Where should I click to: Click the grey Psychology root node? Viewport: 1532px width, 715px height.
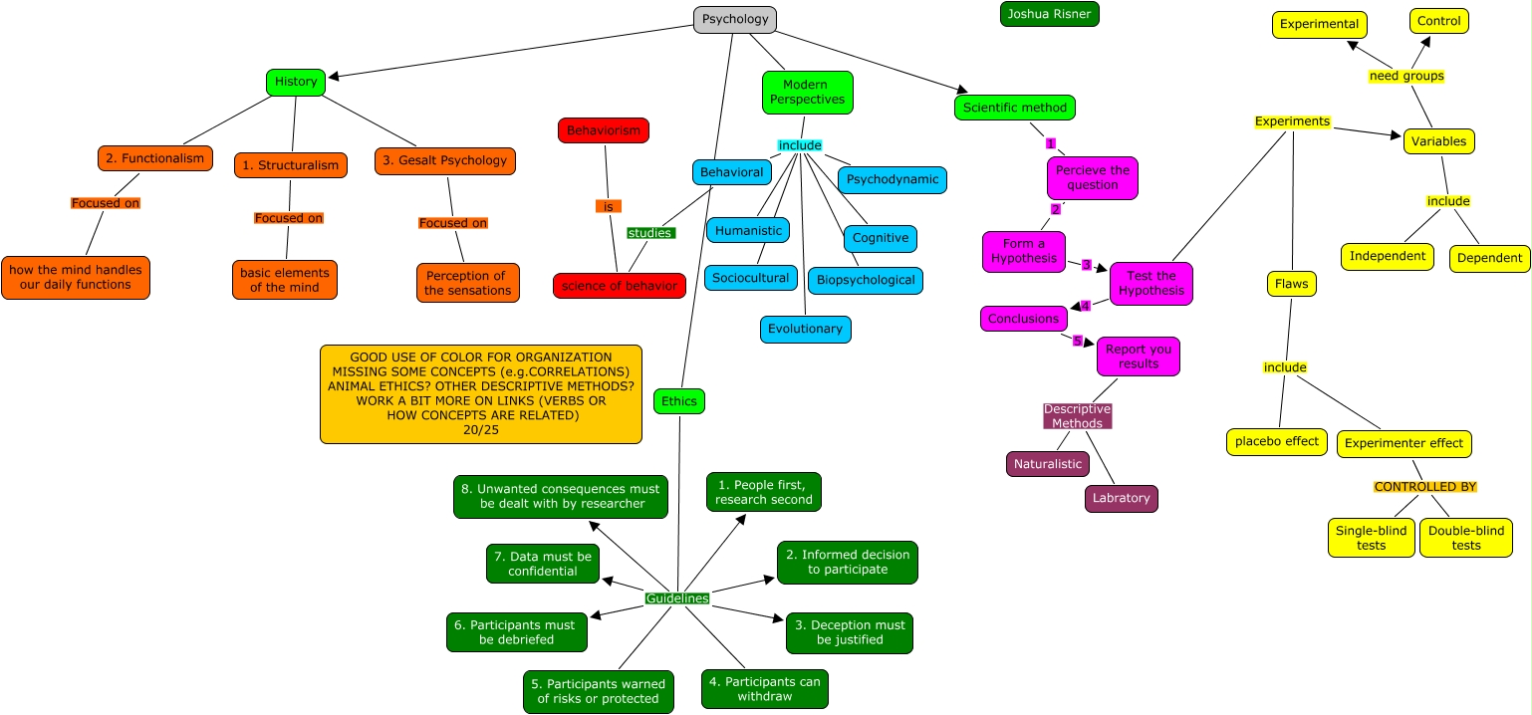click(x=734, y=19)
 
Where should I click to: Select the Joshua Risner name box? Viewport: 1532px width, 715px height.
click(x=1050, y=14)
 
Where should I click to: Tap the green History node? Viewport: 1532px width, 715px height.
click(x=296, y=82)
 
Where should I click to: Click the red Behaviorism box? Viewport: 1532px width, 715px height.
click(x=603, y=130)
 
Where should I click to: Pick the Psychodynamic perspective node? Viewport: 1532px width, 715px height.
click(x=892, y=180)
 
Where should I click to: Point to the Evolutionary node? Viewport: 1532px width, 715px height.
click(x=805, y=329)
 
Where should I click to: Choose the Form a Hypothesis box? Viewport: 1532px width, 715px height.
click(x=1023, y=251)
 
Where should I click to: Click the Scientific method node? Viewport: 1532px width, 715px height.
click(x=1014, y=108)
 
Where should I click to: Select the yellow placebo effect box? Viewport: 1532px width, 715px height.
click(x=1276, y=441)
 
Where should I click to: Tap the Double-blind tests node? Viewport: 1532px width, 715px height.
click(x=1465, y=538)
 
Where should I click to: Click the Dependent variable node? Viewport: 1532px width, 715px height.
click(x=1489, y=258)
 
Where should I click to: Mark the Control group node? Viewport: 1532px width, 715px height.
click(x=1438, y=21)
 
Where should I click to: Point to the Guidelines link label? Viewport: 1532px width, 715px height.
click(x=677, y=598)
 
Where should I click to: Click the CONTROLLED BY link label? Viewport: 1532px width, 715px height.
click(x=1424, y=487)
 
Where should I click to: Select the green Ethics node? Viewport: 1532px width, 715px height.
click(x=679, y=401)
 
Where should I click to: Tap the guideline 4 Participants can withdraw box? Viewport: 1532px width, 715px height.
click(x=764, y=689)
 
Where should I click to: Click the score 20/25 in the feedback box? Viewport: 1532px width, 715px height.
click(x=481, y=430)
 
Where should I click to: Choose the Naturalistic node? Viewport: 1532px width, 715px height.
click(x=1047, y=464)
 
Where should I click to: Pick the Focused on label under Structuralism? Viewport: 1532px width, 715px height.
click(x=289, y=218)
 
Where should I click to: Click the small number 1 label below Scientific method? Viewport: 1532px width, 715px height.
click(x=1050, y=143)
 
